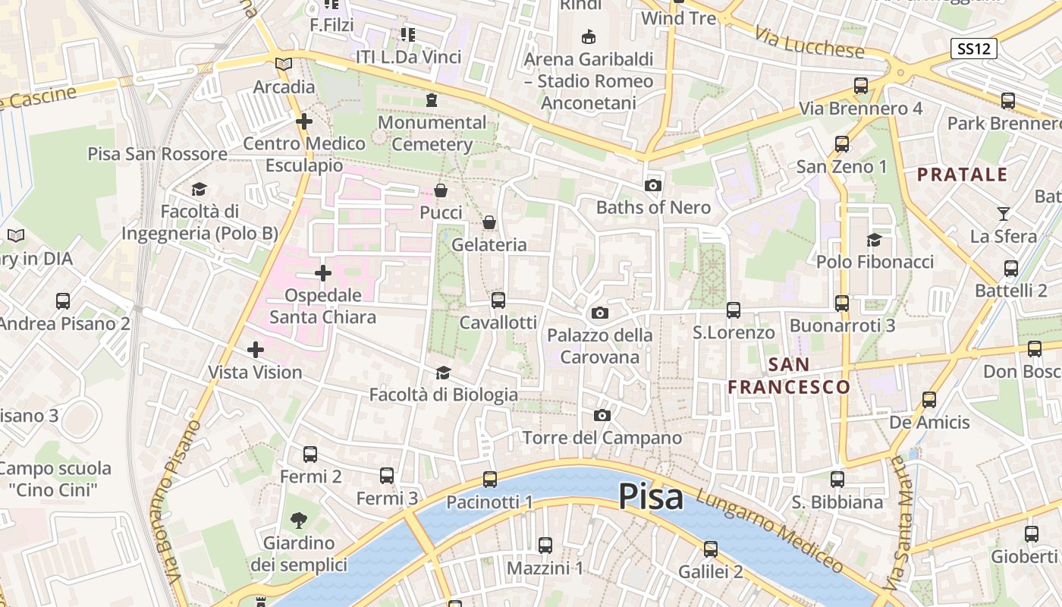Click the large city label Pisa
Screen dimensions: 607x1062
click(651, 497)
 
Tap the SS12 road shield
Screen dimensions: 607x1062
click(973, 49)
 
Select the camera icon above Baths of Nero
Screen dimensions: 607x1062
click(652, 185)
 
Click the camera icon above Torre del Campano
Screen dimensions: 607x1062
click(602, 415)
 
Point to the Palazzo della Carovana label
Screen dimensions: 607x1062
click(599, 346)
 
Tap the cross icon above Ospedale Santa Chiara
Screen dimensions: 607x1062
click(323, 273)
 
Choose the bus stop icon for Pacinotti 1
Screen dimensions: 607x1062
click(490, 480)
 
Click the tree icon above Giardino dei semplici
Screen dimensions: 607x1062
click(299, 520)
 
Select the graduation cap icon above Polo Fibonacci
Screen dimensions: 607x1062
click(875, 240)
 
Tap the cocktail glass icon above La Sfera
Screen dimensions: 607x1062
click(1004, 214)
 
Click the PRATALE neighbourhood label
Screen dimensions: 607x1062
click(962, 175)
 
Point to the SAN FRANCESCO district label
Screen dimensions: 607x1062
click(789, 376)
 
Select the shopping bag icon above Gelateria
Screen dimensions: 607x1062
click(489, 222)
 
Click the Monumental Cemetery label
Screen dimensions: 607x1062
click(432, 133)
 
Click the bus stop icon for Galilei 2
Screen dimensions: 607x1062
click(710, 549)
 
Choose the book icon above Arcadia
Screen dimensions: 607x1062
click(284, 64)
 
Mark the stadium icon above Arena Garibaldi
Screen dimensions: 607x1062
click(588, 36)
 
